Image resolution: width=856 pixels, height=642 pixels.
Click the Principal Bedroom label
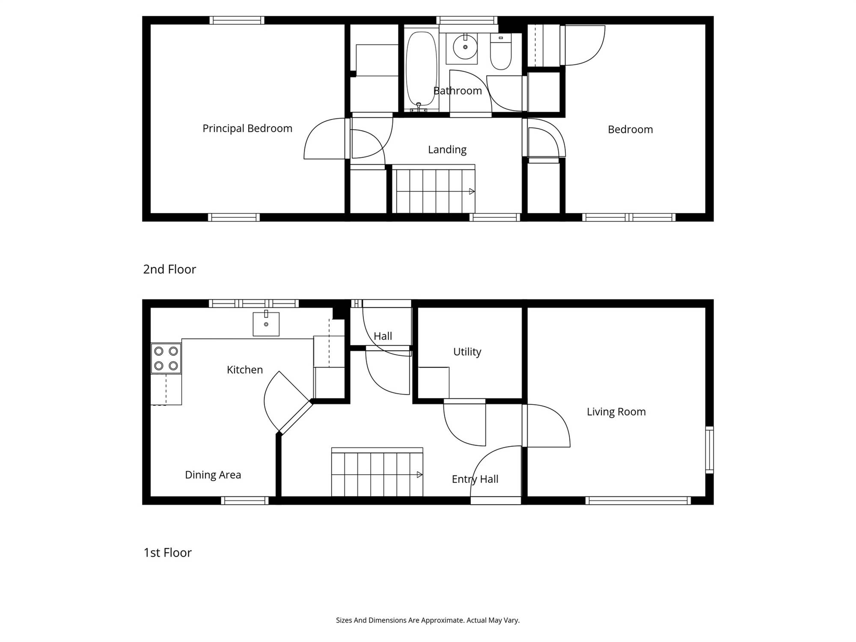tap(247, 128)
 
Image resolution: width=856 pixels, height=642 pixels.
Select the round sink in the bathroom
tap(465, 47)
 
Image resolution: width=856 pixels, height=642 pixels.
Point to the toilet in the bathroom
tap(501, 52)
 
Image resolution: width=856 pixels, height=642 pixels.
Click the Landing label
tap(447, 149)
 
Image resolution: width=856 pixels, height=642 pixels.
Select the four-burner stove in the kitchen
tap(166, 359)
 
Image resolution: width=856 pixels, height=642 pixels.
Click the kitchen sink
tap(266, 324)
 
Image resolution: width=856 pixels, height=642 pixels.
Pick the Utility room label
tap(467, 352)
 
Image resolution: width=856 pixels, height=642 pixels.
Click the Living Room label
tap(616, 412)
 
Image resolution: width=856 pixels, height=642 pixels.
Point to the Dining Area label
tap(213, 475)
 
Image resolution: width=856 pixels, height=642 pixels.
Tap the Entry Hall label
tap(475, 479)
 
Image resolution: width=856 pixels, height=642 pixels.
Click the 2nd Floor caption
tap(169, 269)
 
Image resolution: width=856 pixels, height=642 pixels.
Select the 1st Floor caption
tap(167, 553)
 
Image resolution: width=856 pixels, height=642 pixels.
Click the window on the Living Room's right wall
tap(709, 450)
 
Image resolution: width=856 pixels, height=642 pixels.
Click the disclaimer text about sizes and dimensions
tap(428, 620)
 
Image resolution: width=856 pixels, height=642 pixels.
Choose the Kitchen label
tap(245, 370)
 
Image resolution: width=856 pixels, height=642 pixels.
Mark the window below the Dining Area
tap(245, 501)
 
